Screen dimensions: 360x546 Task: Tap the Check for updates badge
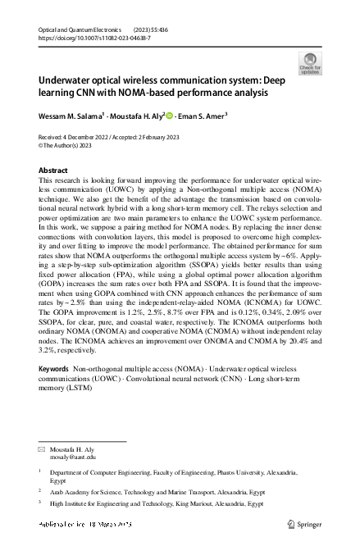tap(312, 62)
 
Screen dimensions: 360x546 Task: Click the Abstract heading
tap(54, 170)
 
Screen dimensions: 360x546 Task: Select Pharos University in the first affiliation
tap(244, 473)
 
